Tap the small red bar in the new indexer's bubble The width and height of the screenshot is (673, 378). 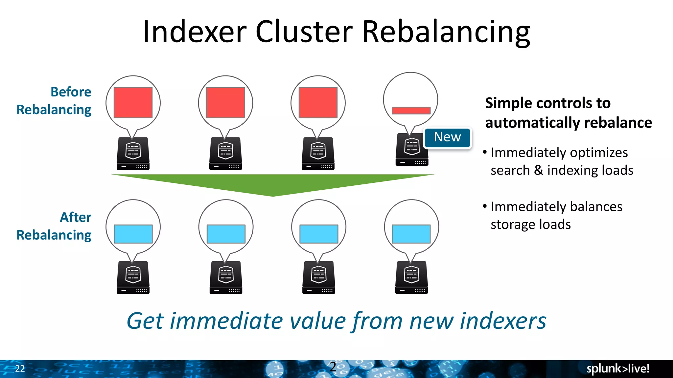point(411,111)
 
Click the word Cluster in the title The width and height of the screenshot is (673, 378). point(304,32)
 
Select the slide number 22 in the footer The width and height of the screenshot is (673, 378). point(20,368)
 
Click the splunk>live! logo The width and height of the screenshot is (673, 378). point(618,368)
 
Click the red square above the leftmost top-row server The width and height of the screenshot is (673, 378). point(133,102)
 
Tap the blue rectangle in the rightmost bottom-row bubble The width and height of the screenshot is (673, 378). point(411,234)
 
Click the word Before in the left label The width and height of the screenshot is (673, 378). point(71,92)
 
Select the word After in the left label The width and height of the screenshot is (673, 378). point(76,217)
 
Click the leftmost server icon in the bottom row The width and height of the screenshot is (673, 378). point(133,277)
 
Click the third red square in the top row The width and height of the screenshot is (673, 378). point(318,102)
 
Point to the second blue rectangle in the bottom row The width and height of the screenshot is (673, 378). point(226,234)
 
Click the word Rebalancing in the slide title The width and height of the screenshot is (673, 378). point(446,32)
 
